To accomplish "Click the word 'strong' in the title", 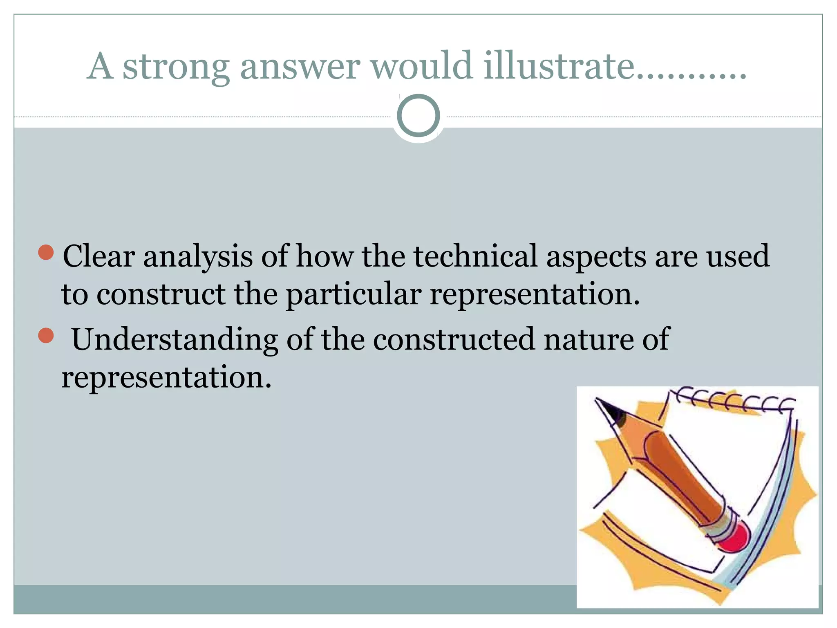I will (x=176, y=67).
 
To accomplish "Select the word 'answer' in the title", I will (x=300, y=67).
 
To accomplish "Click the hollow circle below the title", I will (x=418, y=116).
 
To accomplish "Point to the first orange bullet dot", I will (x=46, y=252).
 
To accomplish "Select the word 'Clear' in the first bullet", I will (x=99, y=256).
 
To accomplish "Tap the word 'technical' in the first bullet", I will (x=475, y=256).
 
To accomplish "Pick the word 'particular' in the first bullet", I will (x=354, y=296).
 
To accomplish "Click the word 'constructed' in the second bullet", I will (x=454, y=339).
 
